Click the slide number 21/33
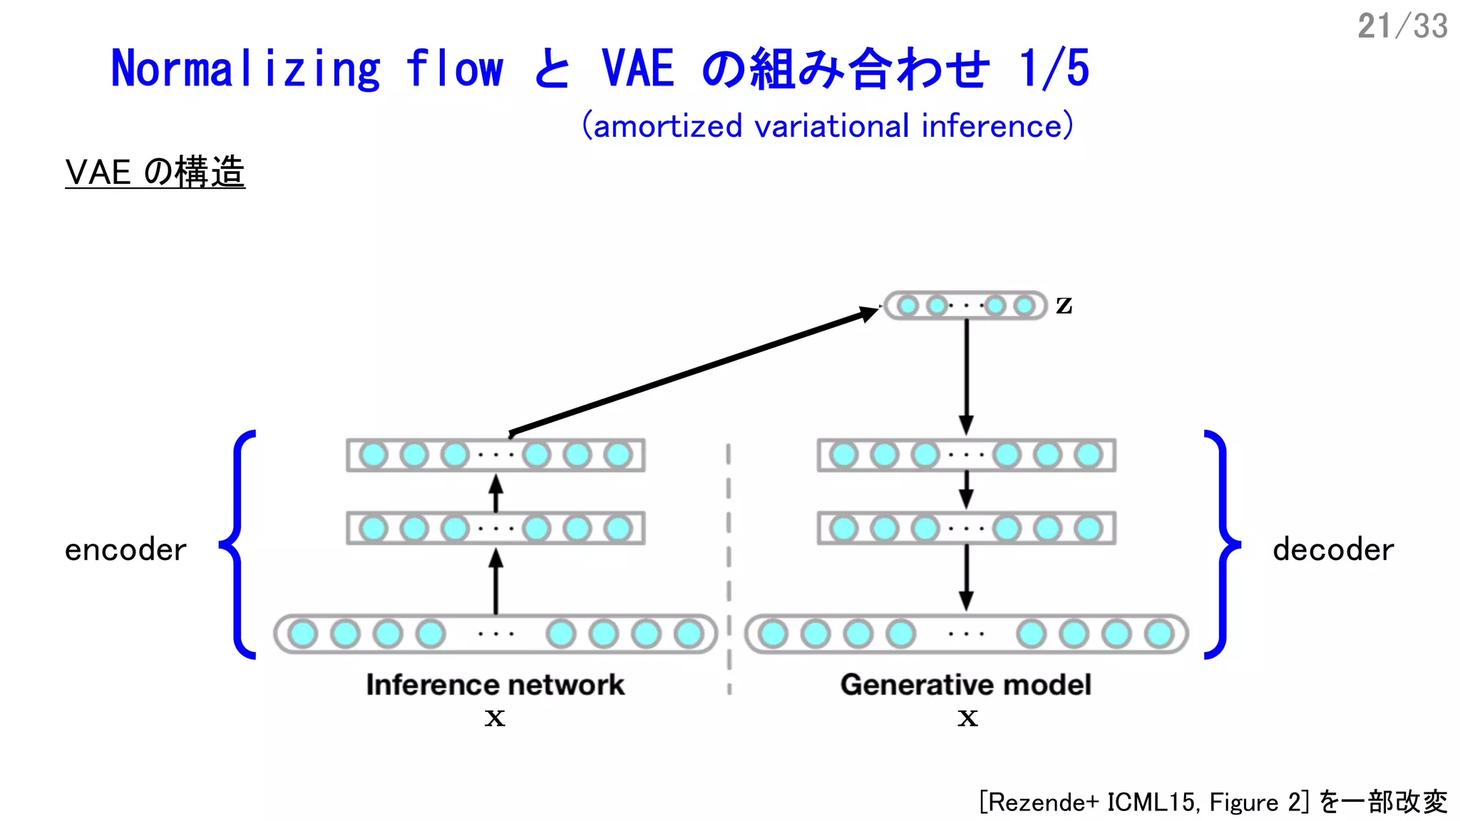pos(1402,26)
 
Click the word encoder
pos(125,550)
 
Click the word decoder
pos(1333,550)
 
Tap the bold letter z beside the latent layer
pos(1064,305)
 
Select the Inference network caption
pos(495,685)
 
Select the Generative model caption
pos(965,685)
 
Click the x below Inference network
pos(495,718)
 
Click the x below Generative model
pos(967,718)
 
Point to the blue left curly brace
pos(237,545)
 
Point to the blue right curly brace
pos(1223,545)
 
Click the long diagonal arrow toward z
pos(692,371)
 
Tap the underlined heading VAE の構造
pos(155,172)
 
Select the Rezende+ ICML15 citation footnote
pos(1213,802)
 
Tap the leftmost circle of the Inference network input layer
pos(303,634)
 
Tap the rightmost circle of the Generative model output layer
pos(1159,634)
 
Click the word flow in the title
pos(455,69)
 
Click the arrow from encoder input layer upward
pos(496,581)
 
